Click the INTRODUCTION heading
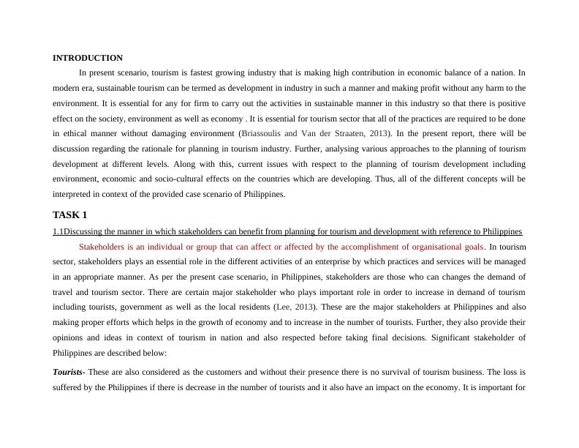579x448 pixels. pos(88,58)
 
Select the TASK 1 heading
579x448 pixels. pos(69,215)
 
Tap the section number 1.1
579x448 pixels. pos(57,231)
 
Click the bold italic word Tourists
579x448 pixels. pos(67,372)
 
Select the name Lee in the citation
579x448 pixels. pos(284,307)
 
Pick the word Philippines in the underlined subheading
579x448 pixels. pos(502,231)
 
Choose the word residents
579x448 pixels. pos(251,307)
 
